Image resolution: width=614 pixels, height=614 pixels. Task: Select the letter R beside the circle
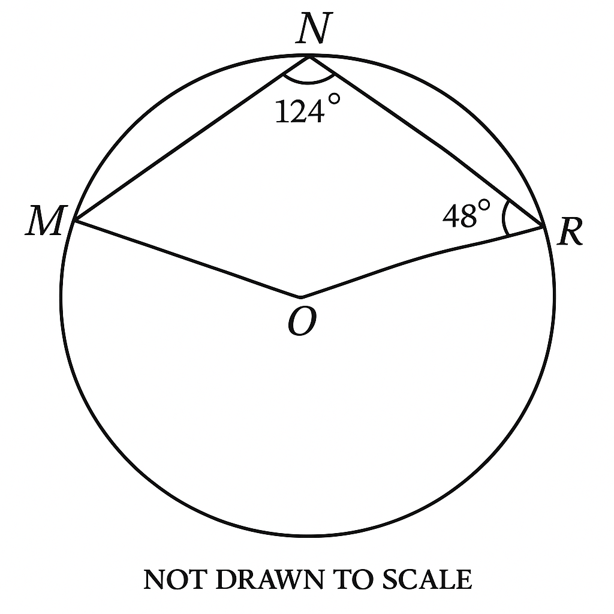coord(570,233)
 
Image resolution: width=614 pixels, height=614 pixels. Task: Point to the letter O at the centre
coord(302,324)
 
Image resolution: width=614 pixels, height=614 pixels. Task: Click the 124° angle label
coord(307,110)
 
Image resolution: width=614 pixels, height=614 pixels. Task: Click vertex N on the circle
coord(309,57)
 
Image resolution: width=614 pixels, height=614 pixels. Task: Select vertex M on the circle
coord(74,221)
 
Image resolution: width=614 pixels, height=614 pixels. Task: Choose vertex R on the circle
coord(543,227)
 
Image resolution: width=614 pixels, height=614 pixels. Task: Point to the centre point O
coord(300,296)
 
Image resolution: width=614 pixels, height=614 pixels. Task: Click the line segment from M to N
coord(192,139)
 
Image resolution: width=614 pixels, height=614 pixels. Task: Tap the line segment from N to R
coord(426,142)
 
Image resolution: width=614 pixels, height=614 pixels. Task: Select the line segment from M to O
coord(187,259)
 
